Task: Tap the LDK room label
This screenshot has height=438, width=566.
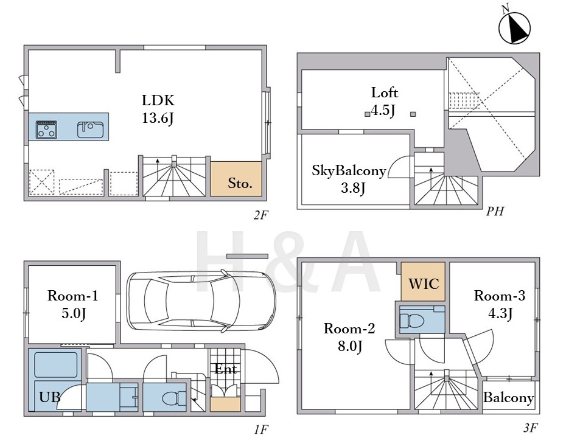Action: (158, 100)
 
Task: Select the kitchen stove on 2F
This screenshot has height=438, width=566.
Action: (46, 130)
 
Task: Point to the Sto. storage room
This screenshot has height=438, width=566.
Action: (236, 179)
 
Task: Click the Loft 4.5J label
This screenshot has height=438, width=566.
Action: (384, 102)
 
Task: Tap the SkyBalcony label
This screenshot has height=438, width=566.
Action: (349, 170)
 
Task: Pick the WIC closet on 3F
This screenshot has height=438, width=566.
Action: (423, 282)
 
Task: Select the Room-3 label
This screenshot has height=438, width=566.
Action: (500, 296)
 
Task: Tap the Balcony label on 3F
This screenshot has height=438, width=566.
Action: (509, 398)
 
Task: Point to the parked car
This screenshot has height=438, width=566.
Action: (201, 301)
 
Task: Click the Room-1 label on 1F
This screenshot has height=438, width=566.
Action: (73, 296)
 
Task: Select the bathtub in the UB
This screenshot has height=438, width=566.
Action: (56, 365)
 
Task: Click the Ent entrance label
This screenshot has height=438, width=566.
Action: (226, 369)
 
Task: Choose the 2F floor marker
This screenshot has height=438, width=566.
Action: (260, 215)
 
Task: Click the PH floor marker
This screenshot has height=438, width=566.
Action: (495, 211)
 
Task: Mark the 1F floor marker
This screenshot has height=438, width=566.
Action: (260, 429)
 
